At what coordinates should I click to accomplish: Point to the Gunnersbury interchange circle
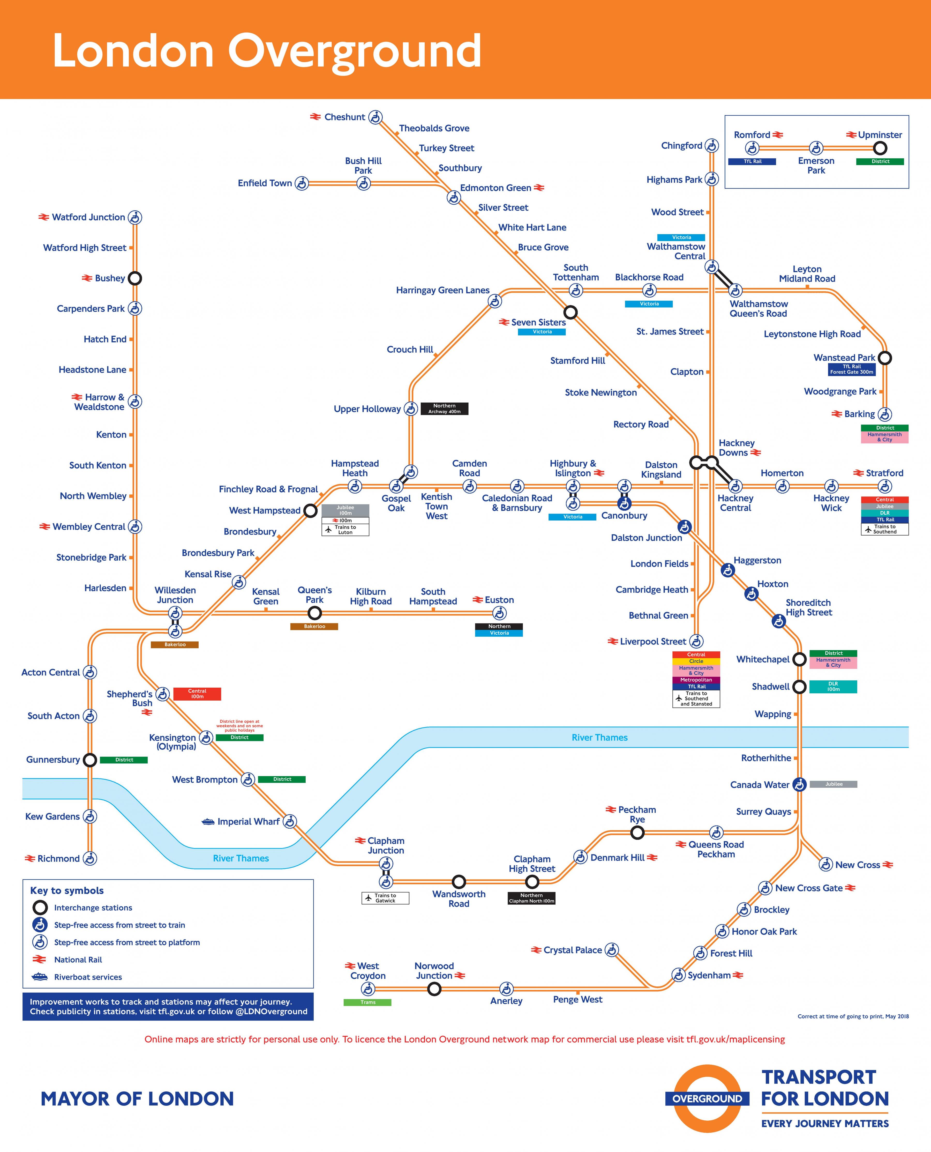coord(90,760)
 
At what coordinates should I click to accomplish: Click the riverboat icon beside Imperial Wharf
coord(208,821)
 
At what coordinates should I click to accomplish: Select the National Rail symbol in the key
coord(40,959)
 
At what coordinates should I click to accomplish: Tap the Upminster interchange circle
coord(880,148)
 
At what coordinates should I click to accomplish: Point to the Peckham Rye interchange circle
coord(637,833)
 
